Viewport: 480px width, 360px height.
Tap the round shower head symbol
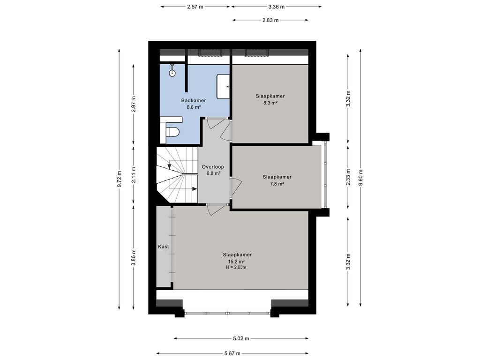point(172,73)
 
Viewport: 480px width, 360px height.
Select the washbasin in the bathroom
point(224,86)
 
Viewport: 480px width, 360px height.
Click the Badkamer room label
point(194,100)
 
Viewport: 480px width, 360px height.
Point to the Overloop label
point(213,167)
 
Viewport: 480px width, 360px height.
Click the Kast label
point(164,247)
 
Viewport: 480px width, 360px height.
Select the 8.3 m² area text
point(270,103)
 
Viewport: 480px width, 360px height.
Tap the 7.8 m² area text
point(277,184)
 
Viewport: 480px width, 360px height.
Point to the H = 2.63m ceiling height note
point(235,267)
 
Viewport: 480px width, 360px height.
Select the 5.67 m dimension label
point(232,353)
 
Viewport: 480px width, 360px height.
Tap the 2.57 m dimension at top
point(195,7)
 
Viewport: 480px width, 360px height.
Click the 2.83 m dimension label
point(270,20)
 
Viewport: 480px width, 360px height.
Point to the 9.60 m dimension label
point(361,178)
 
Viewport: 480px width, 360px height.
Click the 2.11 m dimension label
point(134,175)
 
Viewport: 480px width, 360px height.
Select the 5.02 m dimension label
point(241,338)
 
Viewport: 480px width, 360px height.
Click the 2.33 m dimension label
point(348,178)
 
